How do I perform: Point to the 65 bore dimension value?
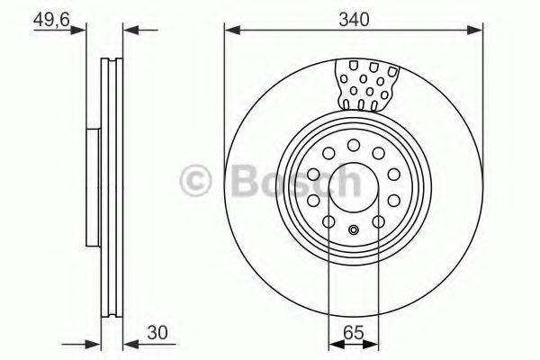(x=354, y=331)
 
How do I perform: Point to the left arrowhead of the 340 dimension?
(x=230, y=31)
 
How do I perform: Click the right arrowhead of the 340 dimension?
(x=478, y=31)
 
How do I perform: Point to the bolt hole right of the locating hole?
(x=379, y=220)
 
